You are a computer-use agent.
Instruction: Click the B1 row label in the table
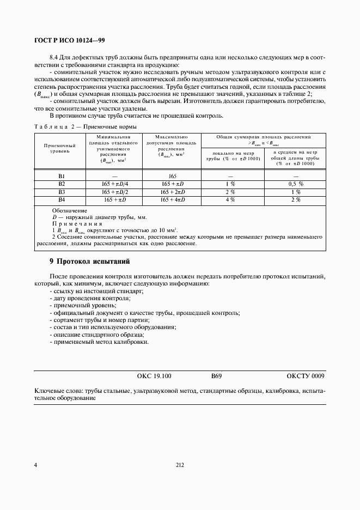[62, 176]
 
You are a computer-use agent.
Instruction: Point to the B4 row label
[62, 200]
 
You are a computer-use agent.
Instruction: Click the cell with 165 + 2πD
[172, 192]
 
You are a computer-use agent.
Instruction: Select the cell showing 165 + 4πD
[172, 200]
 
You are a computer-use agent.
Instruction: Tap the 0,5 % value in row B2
[296, 184]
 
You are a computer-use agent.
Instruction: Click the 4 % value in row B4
[230, 200]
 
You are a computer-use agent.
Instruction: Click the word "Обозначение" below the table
[69, 210]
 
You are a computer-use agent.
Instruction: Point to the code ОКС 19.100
[154, 376]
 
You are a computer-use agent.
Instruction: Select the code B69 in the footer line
[217, 376]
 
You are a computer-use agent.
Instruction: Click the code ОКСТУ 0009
[305, 376]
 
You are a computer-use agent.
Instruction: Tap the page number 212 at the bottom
[180, 465]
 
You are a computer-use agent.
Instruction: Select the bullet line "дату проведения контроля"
[90, 299]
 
